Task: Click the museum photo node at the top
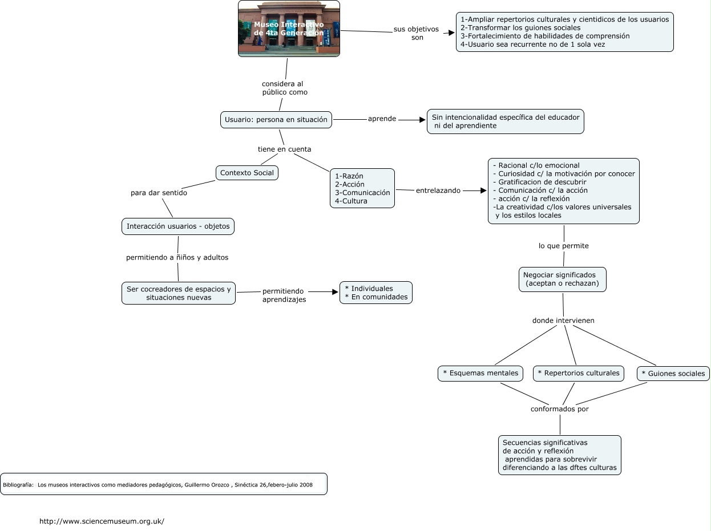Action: (289, 29)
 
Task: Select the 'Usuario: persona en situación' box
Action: (276, 120)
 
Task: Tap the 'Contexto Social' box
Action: (247, 173)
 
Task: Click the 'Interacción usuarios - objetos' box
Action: (178, 226)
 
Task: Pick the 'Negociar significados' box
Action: (562, 279)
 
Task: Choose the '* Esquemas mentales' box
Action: (480, 374)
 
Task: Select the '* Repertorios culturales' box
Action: (578, 374)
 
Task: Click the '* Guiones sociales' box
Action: (673, 374)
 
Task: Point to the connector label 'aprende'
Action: (382, 119)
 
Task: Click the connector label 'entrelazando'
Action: (438, 190)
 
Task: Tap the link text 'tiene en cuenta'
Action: (284, 149)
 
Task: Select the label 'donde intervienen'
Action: (563, 321)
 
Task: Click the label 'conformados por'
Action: (559, 409)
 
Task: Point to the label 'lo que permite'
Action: (563, 246)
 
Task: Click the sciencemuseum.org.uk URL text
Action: (102, 521)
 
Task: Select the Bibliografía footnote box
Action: (164, 484)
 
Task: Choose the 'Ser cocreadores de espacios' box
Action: (179, 293)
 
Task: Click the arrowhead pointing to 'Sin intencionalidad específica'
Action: (422, 120)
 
